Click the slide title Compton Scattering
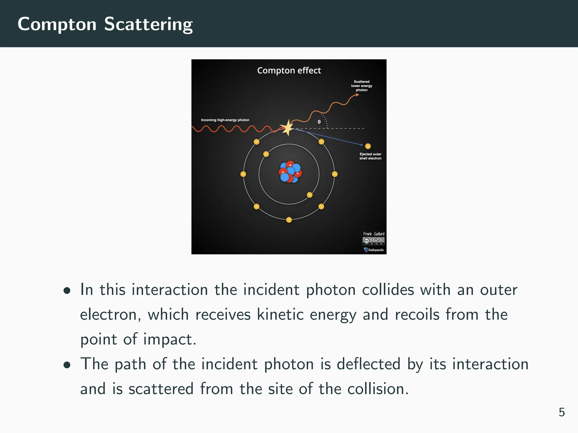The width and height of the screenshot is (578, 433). (x=105, y=24)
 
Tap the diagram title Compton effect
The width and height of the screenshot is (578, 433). (x=289, y=70)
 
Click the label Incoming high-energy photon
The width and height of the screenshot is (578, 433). (x=225, y=120)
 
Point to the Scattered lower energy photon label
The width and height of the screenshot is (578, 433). (x=362, y=86)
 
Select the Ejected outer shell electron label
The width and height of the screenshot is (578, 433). (x=370, y=156)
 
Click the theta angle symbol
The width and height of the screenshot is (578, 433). (x=319, y=122)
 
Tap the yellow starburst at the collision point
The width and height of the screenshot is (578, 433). (x=288, y=128)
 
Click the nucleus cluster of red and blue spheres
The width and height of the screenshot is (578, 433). (x=290, y=172)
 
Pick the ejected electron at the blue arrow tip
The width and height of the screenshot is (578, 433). (x=368, y=146)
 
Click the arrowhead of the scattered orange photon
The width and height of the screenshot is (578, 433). (x=357, y=95)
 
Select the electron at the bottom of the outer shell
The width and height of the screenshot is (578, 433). (x=289, y=220)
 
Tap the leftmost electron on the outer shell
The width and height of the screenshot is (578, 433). (x=243, y=174)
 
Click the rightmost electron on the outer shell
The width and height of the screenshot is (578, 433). (x=335, y=174)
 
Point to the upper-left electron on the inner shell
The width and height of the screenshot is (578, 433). (x=266, y=154)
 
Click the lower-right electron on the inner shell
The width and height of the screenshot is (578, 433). (x=310, y=195)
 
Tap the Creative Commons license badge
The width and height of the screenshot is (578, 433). (x=373, y=241)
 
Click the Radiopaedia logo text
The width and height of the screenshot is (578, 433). (x=376, y=250)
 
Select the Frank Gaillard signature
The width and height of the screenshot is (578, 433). (x=374, y=234)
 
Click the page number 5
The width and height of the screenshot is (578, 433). (x=561, y=412)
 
